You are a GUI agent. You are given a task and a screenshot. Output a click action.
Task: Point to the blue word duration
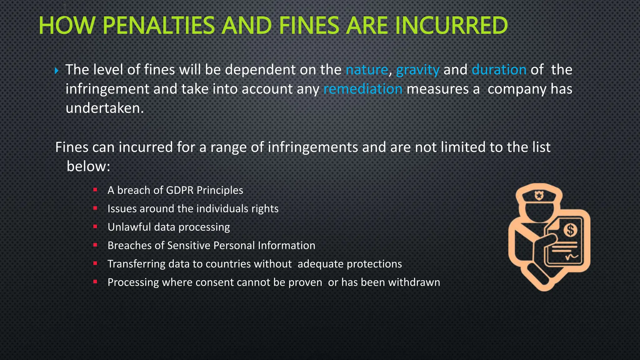[x=499, y=70]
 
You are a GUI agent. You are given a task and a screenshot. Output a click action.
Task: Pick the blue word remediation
[x=363, y=89]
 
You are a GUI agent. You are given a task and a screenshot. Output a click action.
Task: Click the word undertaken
[x=104, y=108]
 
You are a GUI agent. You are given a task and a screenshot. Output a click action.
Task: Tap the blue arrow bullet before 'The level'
[x=57, y=71]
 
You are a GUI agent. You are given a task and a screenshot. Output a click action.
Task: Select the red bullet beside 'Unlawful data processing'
[x=95, y=226]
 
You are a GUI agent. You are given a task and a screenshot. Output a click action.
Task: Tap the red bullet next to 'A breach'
[x=95, y=189]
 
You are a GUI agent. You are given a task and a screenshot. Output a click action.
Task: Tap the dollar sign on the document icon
[x=571, y=230]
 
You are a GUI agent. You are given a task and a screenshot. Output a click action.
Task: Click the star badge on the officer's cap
[x=539, y=196]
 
